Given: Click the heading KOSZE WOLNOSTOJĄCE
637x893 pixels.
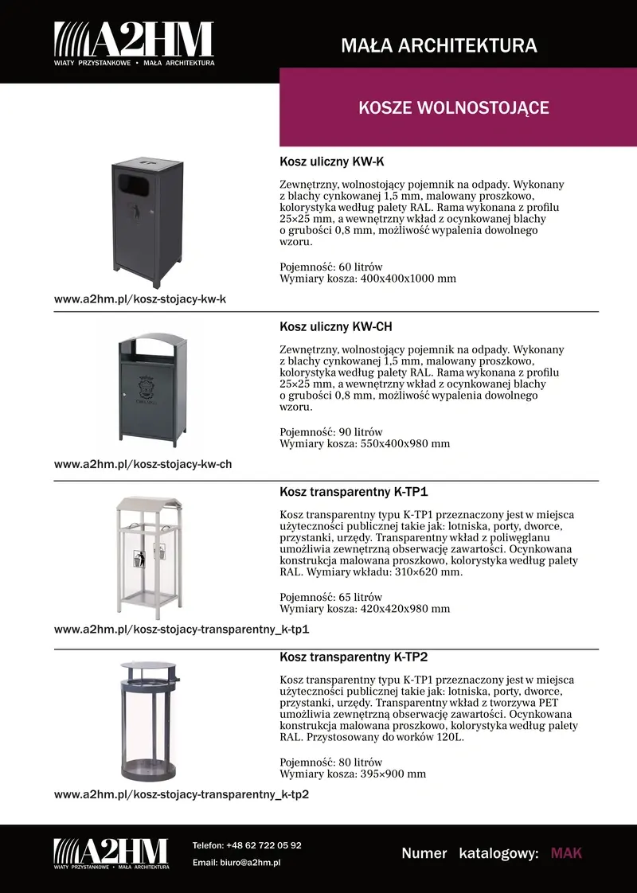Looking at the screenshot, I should [x=454, y=107].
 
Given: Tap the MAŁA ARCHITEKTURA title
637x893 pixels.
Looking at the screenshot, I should [x=439, y=45].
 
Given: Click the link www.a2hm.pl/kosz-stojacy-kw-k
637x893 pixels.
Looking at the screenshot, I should [x=140, y=299].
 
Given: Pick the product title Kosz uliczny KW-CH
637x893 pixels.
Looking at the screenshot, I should [x=336, y=327].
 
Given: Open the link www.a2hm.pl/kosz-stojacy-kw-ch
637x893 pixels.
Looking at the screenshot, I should [x=143, y=464].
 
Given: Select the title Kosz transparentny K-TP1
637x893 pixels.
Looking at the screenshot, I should [x=354, y=492].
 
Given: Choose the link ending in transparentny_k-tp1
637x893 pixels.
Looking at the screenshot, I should [x=182, y=630].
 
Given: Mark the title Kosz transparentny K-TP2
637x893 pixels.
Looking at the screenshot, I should [x=354, y=657].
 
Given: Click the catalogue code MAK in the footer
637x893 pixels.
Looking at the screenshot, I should [x=566, y=853].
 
